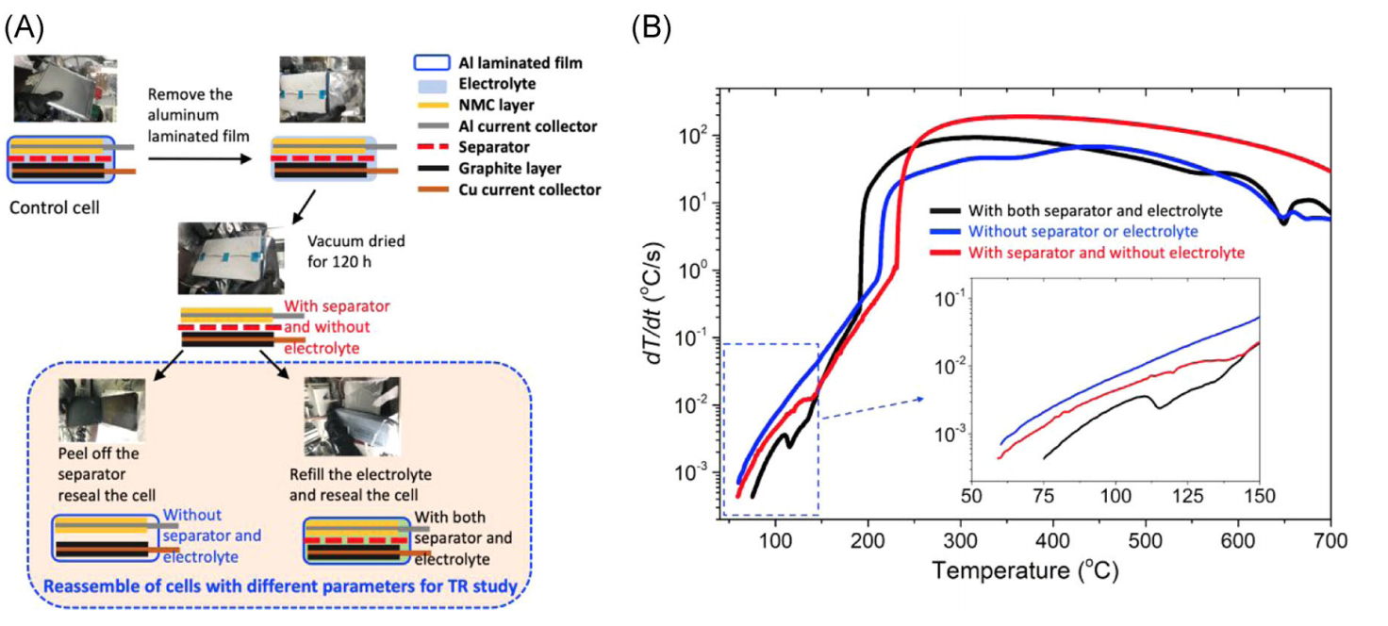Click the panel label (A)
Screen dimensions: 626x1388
click(x=23, y=27)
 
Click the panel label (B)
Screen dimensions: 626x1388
click(x=651, y=29)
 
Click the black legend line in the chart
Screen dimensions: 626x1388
click(x=945, y=210)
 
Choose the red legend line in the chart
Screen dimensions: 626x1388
click(x=945, y=252)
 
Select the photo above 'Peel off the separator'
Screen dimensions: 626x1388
click(x=101, y=409)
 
